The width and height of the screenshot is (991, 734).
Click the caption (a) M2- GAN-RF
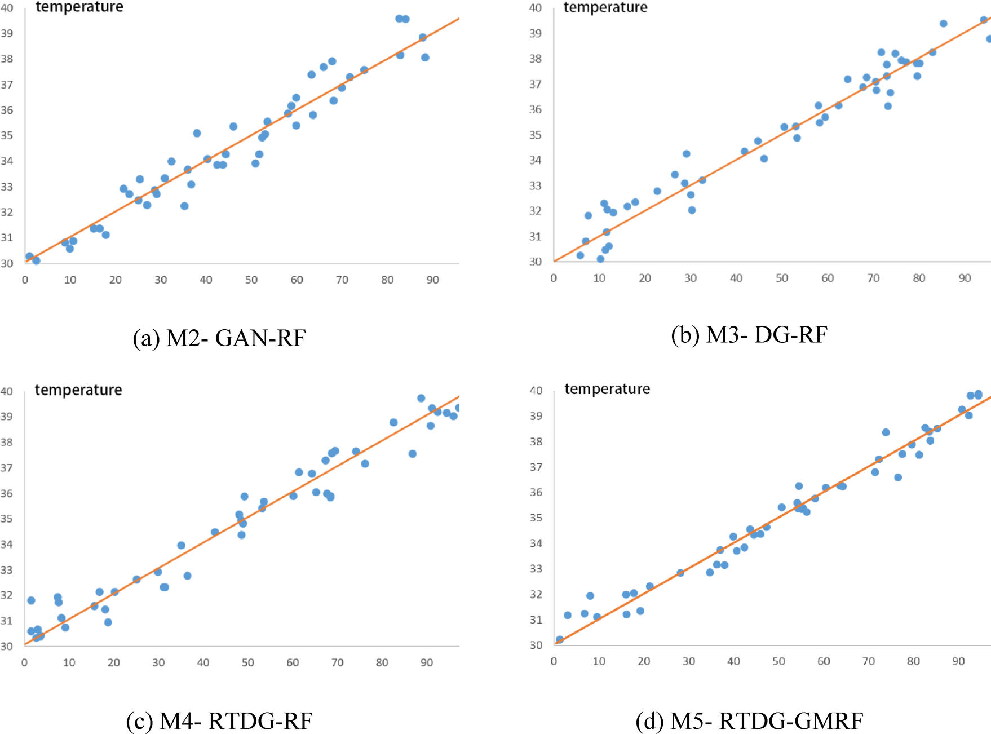coord(219,338)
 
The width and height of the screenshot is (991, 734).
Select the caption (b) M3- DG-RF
coord(749,335)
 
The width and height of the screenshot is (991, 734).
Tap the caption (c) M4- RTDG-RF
coord(219,721)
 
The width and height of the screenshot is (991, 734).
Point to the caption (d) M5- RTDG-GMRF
coord(749,721)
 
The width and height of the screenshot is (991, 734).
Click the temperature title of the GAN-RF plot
coord(79,7)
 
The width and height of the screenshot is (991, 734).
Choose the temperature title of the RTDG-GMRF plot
coord(607,389)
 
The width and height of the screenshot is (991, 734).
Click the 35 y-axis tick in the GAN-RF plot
coord(7,135)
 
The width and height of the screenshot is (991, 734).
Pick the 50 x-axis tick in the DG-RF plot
coord(782,278)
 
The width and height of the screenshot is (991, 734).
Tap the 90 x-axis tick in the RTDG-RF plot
coord(427,662)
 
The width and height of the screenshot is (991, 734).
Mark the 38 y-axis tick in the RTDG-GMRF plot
coord(536,441)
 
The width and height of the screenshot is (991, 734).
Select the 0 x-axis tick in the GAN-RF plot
coord(25,280)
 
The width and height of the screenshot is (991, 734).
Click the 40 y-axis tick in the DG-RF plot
coord(536,8)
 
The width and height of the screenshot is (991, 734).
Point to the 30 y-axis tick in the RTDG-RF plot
coord(7,646)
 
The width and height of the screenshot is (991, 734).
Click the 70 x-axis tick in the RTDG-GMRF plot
coord(869,661)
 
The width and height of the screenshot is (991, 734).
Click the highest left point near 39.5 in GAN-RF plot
coord(399,19)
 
